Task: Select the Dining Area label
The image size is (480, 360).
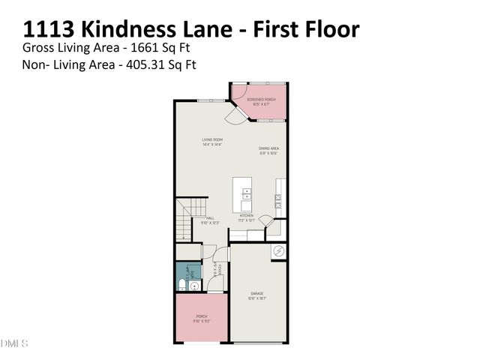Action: tap(269, 151)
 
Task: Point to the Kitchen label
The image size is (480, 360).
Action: tap(247, 217)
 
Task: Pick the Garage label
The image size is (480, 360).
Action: tap(257, 295)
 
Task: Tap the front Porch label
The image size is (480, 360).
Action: tap(201, 318)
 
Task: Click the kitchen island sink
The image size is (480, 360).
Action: tap(247, 194)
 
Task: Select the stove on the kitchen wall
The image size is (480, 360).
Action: tap(277, 200)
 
